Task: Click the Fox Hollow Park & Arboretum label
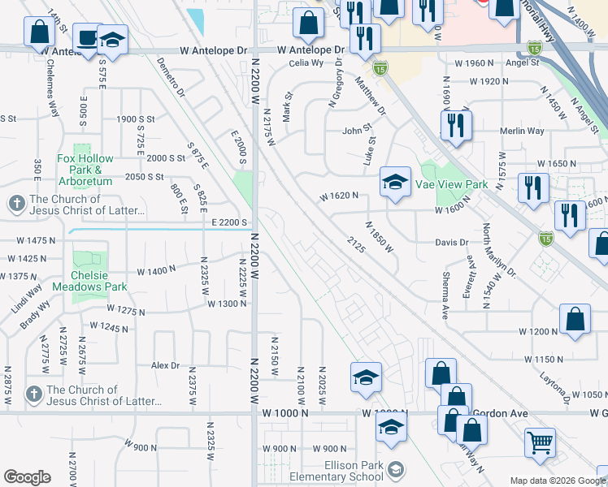[85, 164]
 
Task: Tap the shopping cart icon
[539, 442]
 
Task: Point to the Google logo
[27, 477]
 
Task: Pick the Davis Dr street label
[452, 242]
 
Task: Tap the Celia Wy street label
[306, 62]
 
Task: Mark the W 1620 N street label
[339, 196]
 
